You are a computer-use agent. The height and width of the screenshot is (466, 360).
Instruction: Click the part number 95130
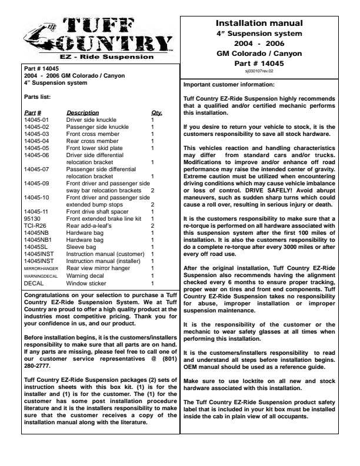[x=32, y=218]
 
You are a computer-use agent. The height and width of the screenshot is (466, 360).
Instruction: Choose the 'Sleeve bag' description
[x=81, y=247]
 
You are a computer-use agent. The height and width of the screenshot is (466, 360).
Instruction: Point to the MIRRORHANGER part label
[x=40, y=268]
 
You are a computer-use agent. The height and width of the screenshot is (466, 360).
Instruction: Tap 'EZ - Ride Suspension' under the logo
[x=99, y=58]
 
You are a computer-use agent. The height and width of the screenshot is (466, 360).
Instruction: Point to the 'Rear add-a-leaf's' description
[x=88, y=225]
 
